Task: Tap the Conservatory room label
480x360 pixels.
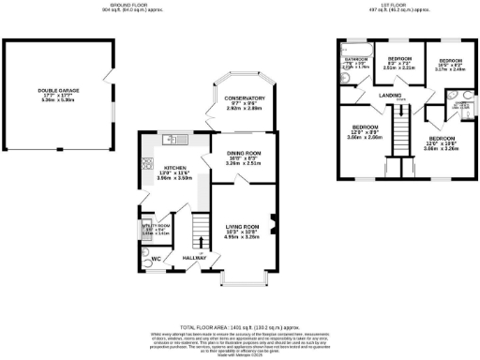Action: pos(237,98)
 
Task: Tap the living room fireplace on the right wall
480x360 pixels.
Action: pos(274,224)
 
